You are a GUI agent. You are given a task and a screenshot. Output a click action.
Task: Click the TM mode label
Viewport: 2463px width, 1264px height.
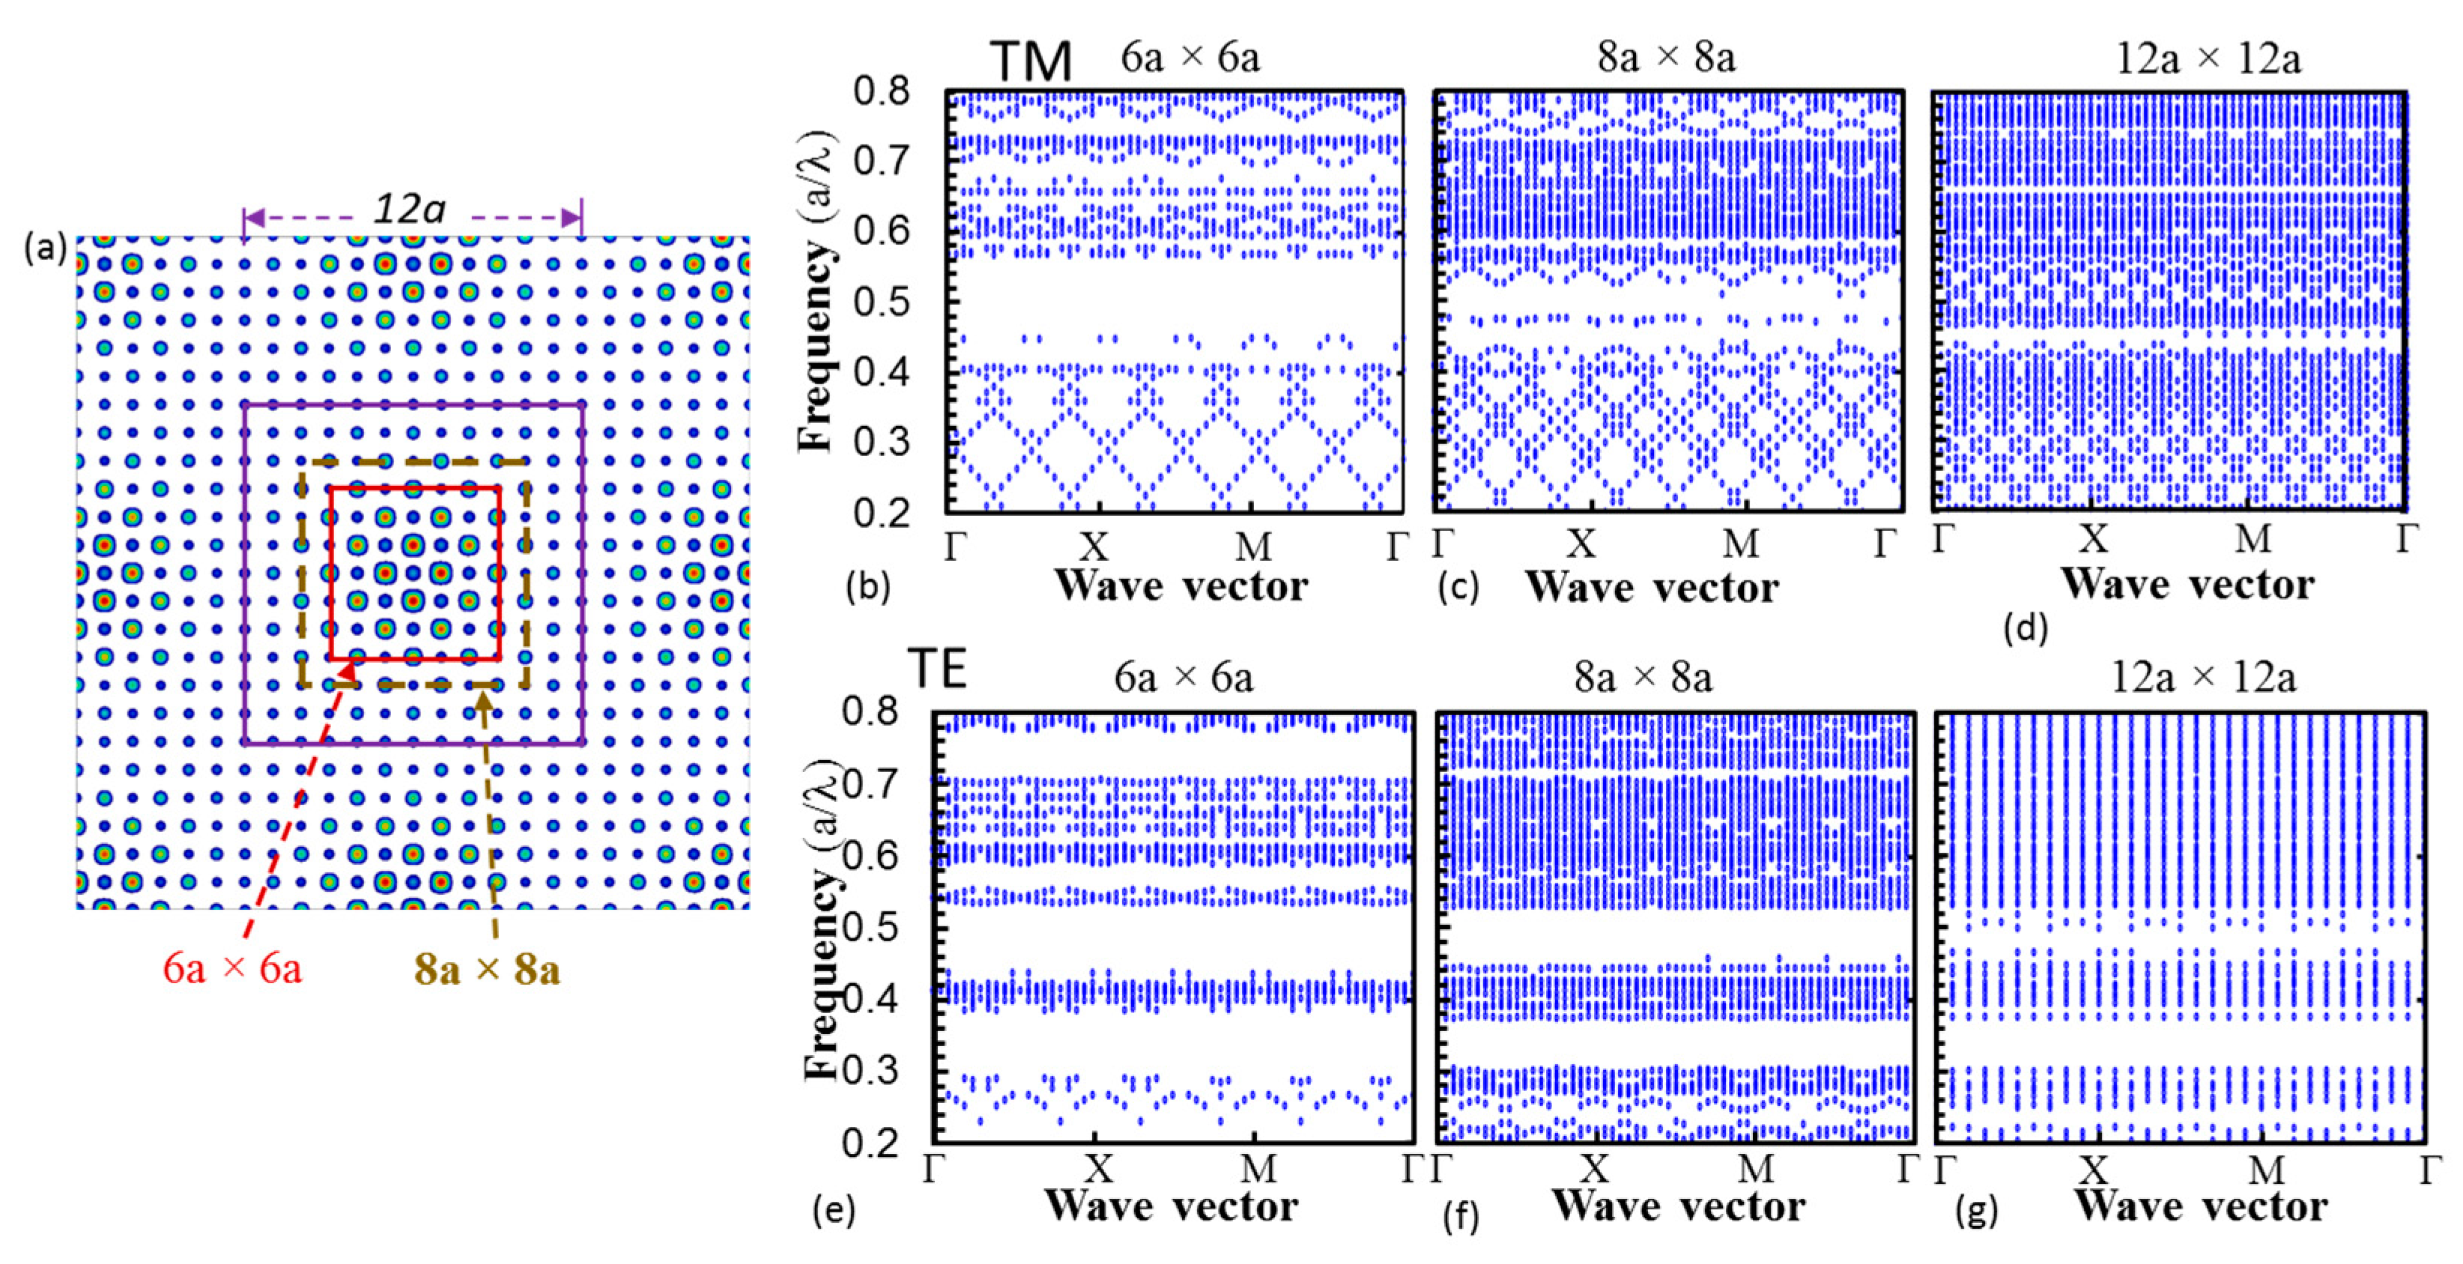pyautogui.click(x=1030, y=61)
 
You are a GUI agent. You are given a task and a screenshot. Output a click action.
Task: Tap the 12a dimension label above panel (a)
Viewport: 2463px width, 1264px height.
pyautogui.click(x=409, y=208)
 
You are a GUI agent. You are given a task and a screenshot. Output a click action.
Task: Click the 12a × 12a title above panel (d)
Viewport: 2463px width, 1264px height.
pyautogui.click(x=2208, y=59)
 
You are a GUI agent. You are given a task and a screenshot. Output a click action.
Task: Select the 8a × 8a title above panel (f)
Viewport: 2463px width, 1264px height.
pyautogui.click(x=1643, y=678)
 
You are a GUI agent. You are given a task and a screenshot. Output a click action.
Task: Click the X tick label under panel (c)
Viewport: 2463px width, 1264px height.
pyautogui.click(x=1581, y=545)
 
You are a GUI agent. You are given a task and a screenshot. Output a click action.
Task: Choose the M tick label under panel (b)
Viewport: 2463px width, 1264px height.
pyautogui.click(x=1253, y=547)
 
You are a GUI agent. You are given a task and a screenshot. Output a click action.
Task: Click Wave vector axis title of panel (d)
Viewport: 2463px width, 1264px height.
pyautogui.click(x=2187, y=584)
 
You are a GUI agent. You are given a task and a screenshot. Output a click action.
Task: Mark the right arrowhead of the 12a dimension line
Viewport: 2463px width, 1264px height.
pyautogui.click(x=572, y=218)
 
